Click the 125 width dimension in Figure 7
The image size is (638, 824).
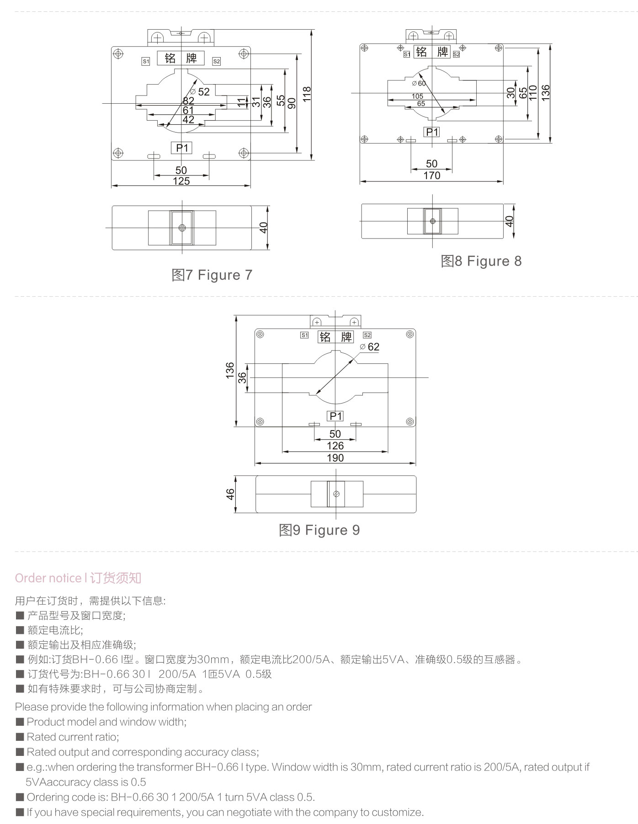(181, 181)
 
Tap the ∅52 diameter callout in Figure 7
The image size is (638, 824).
(200, 92)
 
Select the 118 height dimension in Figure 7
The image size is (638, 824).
(307, 94)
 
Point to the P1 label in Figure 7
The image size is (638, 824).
(182, 148)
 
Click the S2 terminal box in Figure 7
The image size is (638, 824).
(217, 61)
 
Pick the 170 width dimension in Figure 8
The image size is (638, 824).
(431, 175)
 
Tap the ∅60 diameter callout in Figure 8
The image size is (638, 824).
(419, 84)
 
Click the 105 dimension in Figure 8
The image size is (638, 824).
(417, 96)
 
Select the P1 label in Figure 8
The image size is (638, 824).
(432, 132)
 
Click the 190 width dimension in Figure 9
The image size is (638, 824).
(335, 458)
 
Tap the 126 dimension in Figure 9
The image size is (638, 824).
(335, 446)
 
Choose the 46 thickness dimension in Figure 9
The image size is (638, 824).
(230, 494)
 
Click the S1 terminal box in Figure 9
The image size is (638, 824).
(304, 335)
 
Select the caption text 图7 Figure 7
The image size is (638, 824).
(212, 275)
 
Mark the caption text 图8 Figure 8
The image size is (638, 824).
(481, 261)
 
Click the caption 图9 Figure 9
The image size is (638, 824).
(319, 530)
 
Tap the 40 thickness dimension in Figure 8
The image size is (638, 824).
(509, 221)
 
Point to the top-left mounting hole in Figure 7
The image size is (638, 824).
(118, 54)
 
